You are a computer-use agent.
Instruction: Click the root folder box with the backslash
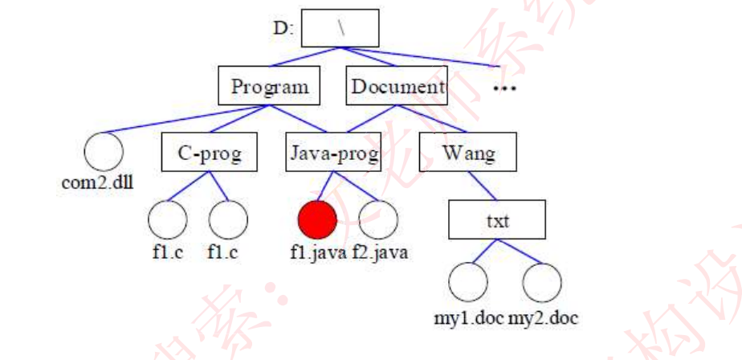pyautogui.click(x=341, y=28)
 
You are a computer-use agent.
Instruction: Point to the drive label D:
pyautogui.click(x=282, y=30)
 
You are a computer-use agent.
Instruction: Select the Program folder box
pyautogui.click(x=269, y=86)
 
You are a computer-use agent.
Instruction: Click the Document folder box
pyautogui.click(x=397, y=86)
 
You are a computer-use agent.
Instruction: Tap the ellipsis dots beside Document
pyautogui.click(x=504, y=86)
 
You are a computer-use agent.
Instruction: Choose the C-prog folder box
pyautogui.click(x=209, y=153)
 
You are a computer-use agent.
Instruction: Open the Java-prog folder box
pyautogui.click(x=333, y=153)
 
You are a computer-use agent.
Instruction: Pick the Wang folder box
pyautogui.click(x=468, y=153)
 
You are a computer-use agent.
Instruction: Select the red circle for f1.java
pyautogui.click(x=316, y=219)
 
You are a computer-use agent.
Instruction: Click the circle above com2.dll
pyautogui.click(x=104, y=151)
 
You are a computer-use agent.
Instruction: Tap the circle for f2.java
pyautogui.click(x=379, y=219)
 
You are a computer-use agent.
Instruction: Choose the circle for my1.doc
pyautogui.click(x=468, y=283)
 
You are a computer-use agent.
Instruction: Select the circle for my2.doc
pyautogui.click(x=541, y=283)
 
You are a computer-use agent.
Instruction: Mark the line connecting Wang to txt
pyautogui.click(x=482, y=186)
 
